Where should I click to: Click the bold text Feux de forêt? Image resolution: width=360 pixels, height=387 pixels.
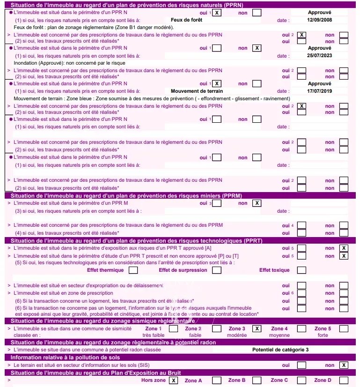(186, 21)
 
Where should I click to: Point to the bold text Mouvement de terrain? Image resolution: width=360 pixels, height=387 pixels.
(197, 91)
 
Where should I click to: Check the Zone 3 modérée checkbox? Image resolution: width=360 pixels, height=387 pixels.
(257, 328)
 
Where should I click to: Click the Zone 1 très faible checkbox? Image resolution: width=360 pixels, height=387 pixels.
(173, 328)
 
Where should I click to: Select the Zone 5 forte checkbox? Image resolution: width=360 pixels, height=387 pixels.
(344, 328)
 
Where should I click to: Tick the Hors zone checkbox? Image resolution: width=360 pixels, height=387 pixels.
(174, 380)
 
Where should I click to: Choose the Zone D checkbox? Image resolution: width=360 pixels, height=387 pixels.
(344, 380)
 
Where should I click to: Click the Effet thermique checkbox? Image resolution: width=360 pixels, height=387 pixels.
(133, 270)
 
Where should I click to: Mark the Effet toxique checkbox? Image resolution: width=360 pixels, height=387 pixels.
(301, 270)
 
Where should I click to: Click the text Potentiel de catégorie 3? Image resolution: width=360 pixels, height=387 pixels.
(280, 350)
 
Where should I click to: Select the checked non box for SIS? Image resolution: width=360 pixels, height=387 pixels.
(344, 365)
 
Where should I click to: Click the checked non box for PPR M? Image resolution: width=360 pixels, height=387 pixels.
(257, 203)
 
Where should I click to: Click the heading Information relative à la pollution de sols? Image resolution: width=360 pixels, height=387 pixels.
(62, 357)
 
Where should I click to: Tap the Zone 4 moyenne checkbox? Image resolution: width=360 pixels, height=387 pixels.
(301, 328)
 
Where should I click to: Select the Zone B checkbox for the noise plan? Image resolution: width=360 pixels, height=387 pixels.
(257, 380)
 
